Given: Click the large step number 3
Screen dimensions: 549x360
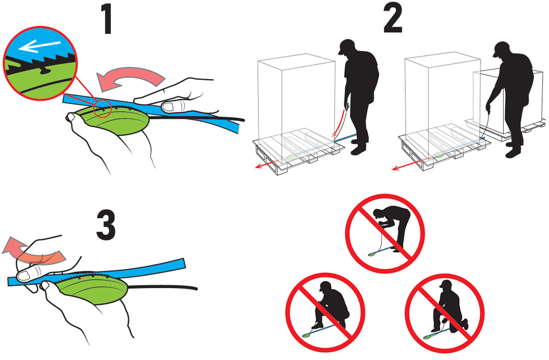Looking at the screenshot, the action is pyautogui.click(x=106, y=225).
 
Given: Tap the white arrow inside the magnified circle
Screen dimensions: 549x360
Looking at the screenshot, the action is pyautogui.click(x=39, y=46).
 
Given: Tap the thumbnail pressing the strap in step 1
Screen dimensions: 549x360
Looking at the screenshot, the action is pyautogui.click(x=171, y=107).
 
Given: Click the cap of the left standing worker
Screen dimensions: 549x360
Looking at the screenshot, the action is pyautogui.click(x=346, y=46).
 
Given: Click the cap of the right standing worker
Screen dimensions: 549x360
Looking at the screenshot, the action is pyautogui.click(x=501, y=48).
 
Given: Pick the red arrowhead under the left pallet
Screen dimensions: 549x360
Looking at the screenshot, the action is pyautogui.click(x=258, y=166).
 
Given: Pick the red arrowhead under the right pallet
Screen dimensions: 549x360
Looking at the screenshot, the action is pyautogui.click(x=395, y=168).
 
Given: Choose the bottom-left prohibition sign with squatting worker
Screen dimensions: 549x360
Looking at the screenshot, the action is pyautogui.click(x=325, y=313).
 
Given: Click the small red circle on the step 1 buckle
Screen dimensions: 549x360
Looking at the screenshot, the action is pyautogui.click(x=103, y=109).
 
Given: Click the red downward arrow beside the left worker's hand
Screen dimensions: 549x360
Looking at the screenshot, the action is pyautogui.click(x=338, y=124).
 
